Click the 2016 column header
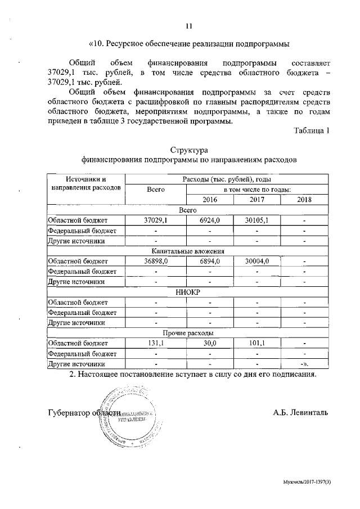pyautogui.click(x=209, y=200)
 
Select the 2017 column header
pyautogui.click(x=256, y=200)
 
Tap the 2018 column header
pyautogui.click(x=304, y=200)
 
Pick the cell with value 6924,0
pyautogui.click(x=209, y=220)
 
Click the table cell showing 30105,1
pyautogui.click(x=256, y=220)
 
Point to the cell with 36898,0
pyautogui.click(x=156, y=262)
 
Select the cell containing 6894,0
pyautogui.click(x=209, y=262)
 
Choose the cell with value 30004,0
pyautogui.click(x=256, y=262)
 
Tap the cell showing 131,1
pyautogui.click(x=156, y=343)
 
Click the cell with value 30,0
pyautogui.click(x=209, y=343)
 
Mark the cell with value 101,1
pyautogui.click(x=256, y=343)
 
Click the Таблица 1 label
pyautogui.click(x=311, y=130)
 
